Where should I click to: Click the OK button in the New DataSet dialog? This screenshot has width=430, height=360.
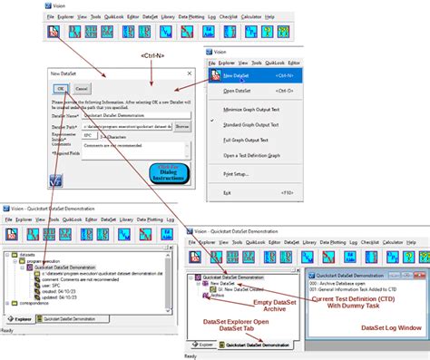[60, 89]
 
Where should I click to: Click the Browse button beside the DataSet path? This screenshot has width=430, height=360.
[182, 126]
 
